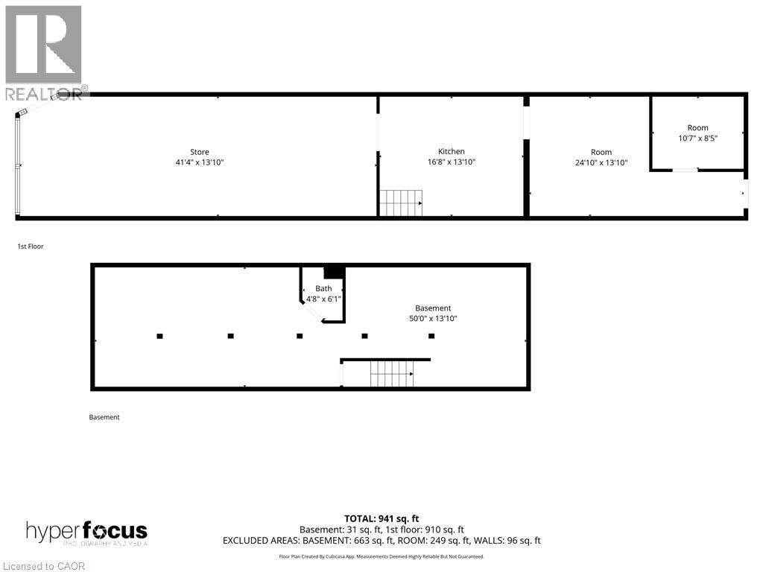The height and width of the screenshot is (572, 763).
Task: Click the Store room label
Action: point(200,152)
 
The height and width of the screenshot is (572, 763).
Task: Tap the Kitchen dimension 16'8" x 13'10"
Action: point(451,162)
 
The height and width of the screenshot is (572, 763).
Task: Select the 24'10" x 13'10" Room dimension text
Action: point(601,162)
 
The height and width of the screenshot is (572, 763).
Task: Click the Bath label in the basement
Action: point(323,288)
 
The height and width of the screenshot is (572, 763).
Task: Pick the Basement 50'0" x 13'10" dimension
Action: point(433,319)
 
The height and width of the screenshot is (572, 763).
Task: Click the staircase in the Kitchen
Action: point(400,203)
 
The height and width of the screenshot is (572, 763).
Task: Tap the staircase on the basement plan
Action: point(392,374)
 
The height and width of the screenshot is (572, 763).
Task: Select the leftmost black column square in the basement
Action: point(159,336)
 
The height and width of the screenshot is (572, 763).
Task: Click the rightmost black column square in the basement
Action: point(431,336)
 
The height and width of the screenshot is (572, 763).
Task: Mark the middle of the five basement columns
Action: point(300,336)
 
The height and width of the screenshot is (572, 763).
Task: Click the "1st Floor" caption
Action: point(31,247)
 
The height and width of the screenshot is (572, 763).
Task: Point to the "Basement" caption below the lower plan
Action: point(104,417)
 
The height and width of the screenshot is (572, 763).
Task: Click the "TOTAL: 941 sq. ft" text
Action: point(381,519)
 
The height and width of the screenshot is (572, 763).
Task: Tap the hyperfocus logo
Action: point(86,533)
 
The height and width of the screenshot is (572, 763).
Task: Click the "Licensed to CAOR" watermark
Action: point(44,566)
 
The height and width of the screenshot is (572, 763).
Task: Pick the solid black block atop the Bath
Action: point(335,273)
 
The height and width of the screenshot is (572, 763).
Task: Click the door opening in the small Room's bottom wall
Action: point(686,170)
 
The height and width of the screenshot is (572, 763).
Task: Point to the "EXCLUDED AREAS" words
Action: point(262,541)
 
